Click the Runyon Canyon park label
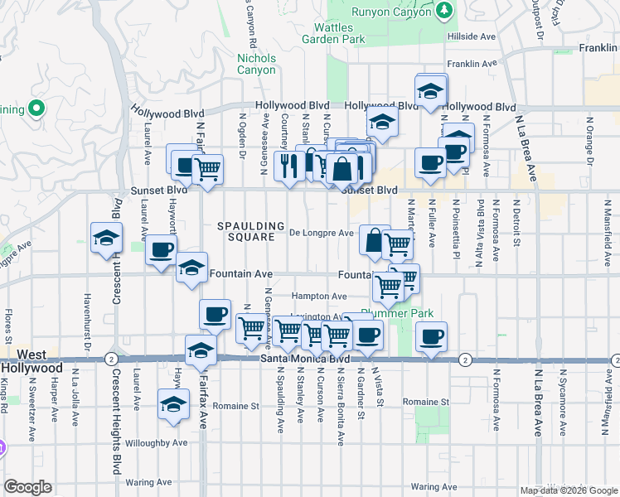pyautogui.click(x=391, y=12)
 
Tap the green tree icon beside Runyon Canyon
pyautogui.click(x=445, y=10)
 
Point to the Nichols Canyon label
pyautogui.click(x=256, y=64)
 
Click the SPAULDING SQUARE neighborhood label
pyautogui.click(x=246, y=231)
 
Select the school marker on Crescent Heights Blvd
pyautogui.click(x=107, y=239)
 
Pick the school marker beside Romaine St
pyautogui.click(x=172, y=405)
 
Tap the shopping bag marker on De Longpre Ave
pyautogui.click(x=375, y=240)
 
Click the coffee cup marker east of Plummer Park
pyautogui.click(x=430, y=337)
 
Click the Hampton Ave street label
pyautogui.click(x=319, y=296)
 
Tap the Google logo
pyautogui.click(x=27, y=487)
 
